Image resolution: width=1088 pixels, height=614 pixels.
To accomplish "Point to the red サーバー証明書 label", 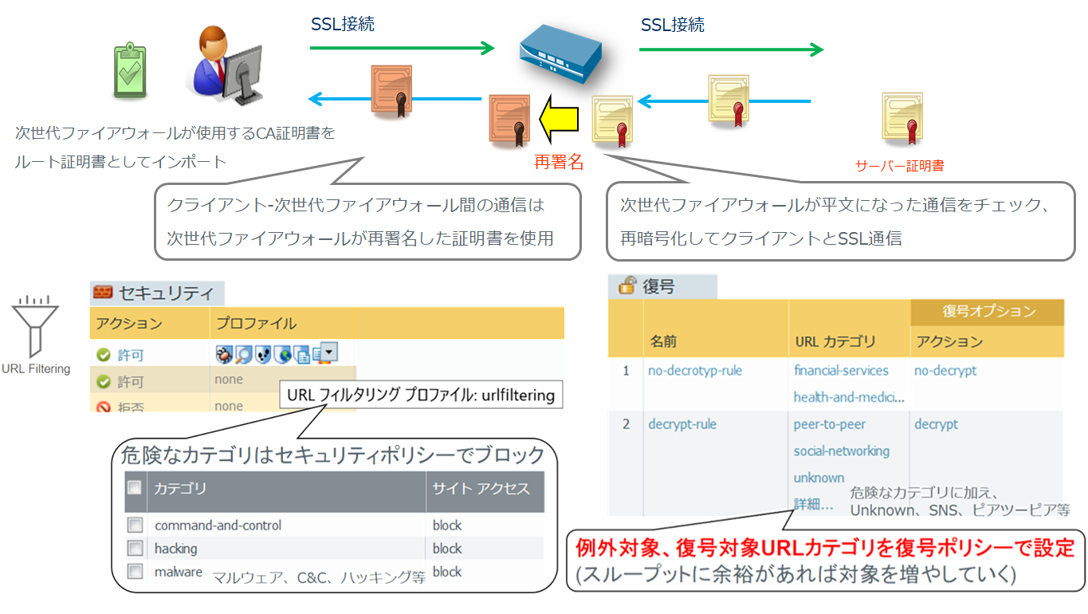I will [899, 166].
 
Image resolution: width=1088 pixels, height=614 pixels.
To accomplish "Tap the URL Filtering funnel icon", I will [34, 326].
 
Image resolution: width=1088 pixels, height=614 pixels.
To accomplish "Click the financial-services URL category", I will [841, 371].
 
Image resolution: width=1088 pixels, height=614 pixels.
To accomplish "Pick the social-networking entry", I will [841, 451].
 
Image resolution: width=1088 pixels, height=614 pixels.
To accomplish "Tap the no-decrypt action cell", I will [945, 371].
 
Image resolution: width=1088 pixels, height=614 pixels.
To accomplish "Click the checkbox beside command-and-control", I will [136, 525].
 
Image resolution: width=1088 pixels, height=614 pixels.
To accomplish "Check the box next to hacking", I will [136, 549].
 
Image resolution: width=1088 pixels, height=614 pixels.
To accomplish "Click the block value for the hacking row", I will [447, 549].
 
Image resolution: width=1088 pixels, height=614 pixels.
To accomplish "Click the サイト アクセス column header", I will [481, 489].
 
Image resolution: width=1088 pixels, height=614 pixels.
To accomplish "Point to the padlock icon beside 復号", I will [627, 285].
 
